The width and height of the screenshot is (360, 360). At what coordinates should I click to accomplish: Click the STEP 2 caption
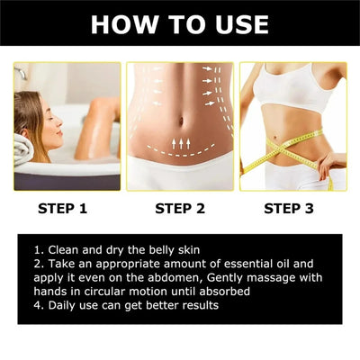click(180, 211)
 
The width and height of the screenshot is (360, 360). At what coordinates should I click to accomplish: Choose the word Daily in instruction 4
click(61, 306)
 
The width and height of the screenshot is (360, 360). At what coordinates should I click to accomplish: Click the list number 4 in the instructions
click(36, 306)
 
